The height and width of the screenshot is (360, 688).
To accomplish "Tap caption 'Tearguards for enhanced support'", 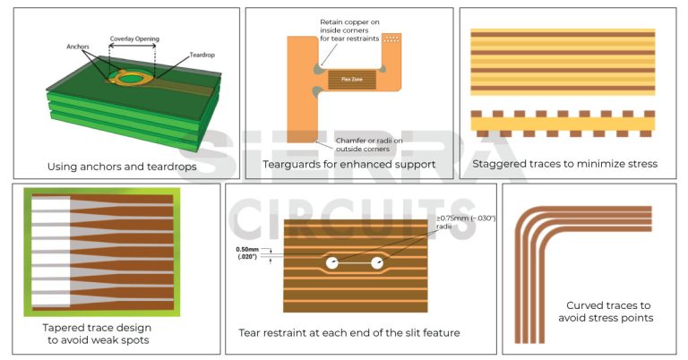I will (348, 165).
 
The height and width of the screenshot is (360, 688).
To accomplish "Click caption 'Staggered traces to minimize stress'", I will (565, 164).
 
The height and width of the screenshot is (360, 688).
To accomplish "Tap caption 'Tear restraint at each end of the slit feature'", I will (349, 333).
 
